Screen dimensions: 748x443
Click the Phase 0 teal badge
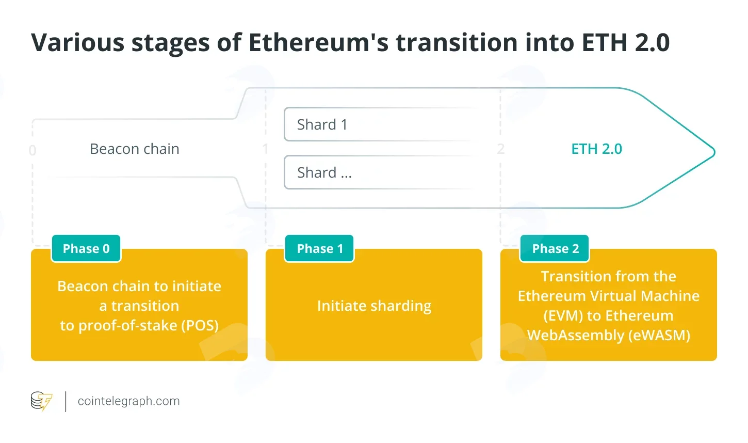86,248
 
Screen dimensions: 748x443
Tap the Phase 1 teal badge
319,248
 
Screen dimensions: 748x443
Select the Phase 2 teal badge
555,248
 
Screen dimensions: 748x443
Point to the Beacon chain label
135,149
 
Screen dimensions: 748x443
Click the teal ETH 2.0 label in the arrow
597,149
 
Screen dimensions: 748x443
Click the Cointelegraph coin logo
41,401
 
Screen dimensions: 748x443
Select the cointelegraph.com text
129,401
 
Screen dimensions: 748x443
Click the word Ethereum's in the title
319,42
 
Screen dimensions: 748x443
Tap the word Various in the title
78,42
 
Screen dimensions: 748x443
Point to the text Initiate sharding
374,306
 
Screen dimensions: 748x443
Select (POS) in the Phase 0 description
200,325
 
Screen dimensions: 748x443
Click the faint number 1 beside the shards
266,149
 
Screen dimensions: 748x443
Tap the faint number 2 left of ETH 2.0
500,149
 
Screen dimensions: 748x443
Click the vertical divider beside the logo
66,402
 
